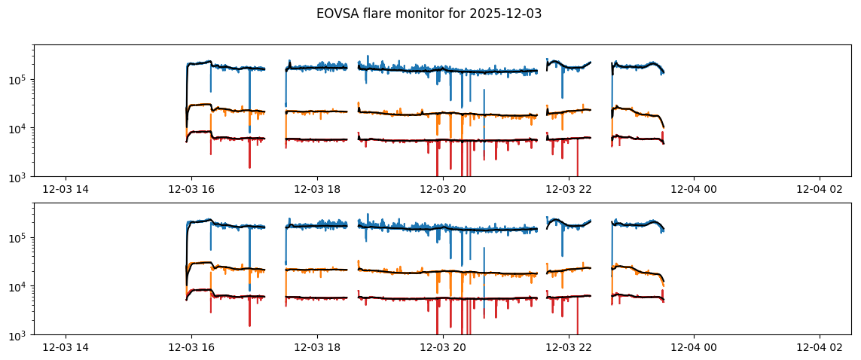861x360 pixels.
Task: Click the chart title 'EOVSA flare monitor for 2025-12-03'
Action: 429,14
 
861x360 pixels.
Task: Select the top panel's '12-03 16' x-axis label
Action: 191,190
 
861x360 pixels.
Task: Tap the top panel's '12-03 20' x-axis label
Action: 442,190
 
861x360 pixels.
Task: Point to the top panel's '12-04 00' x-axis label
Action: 694,190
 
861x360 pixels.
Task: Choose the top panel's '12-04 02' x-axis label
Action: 820,190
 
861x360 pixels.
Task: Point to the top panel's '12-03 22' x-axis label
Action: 568,190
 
